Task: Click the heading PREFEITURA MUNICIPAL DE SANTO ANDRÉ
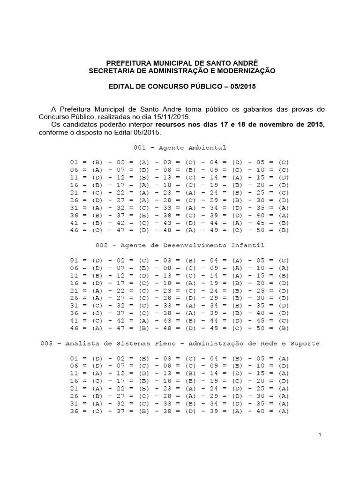(182, 62)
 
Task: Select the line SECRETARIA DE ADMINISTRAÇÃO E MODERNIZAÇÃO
(182, 70)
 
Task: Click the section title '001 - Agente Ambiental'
(180, 147)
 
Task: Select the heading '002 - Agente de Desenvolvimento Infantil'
(180, 245)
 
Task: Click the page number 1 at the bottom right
(319, 435)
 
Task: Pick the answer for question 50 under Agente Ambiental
(284, 230)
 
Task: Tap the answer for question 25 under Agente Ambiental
(284, 192)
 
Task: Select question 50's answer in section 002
(284, 328)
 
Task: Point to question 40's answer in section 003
(284, 411)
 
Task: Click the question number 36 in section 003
(75, 411)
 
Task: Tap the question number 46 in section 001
(75, 230)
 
